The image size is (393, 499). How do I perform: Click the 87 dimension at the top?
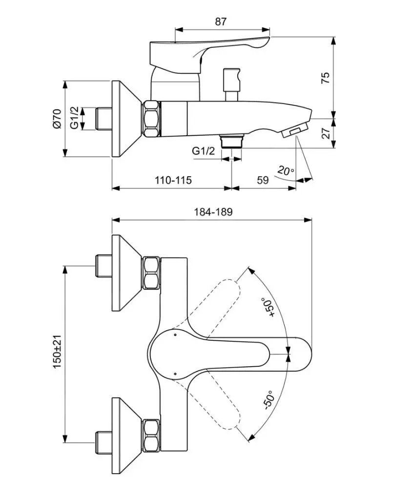pos(221,21)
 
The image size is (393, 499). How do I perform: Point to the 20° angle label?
pos(286,170)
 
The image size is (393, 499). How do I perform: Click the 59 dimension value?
pos(263,180)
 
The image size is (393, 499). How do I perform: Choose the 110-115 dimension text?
pos(173,180)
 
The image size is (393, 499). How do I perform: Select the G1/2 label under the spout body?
pos(203,151)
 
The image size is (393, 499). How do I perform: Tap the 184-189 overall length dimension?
pos(213,212)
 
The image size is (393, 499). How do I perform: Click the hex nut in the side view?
pos(151,119)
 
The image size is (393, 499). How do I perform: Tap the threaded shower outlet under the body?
pos(231,141)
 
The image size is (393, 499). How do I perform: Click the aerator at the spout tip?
pos(294,131)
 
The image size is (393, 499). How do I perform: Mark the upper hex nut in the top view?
pos(151,273)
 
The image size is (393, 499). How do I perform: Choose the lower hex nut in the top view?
pos(151,434)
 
